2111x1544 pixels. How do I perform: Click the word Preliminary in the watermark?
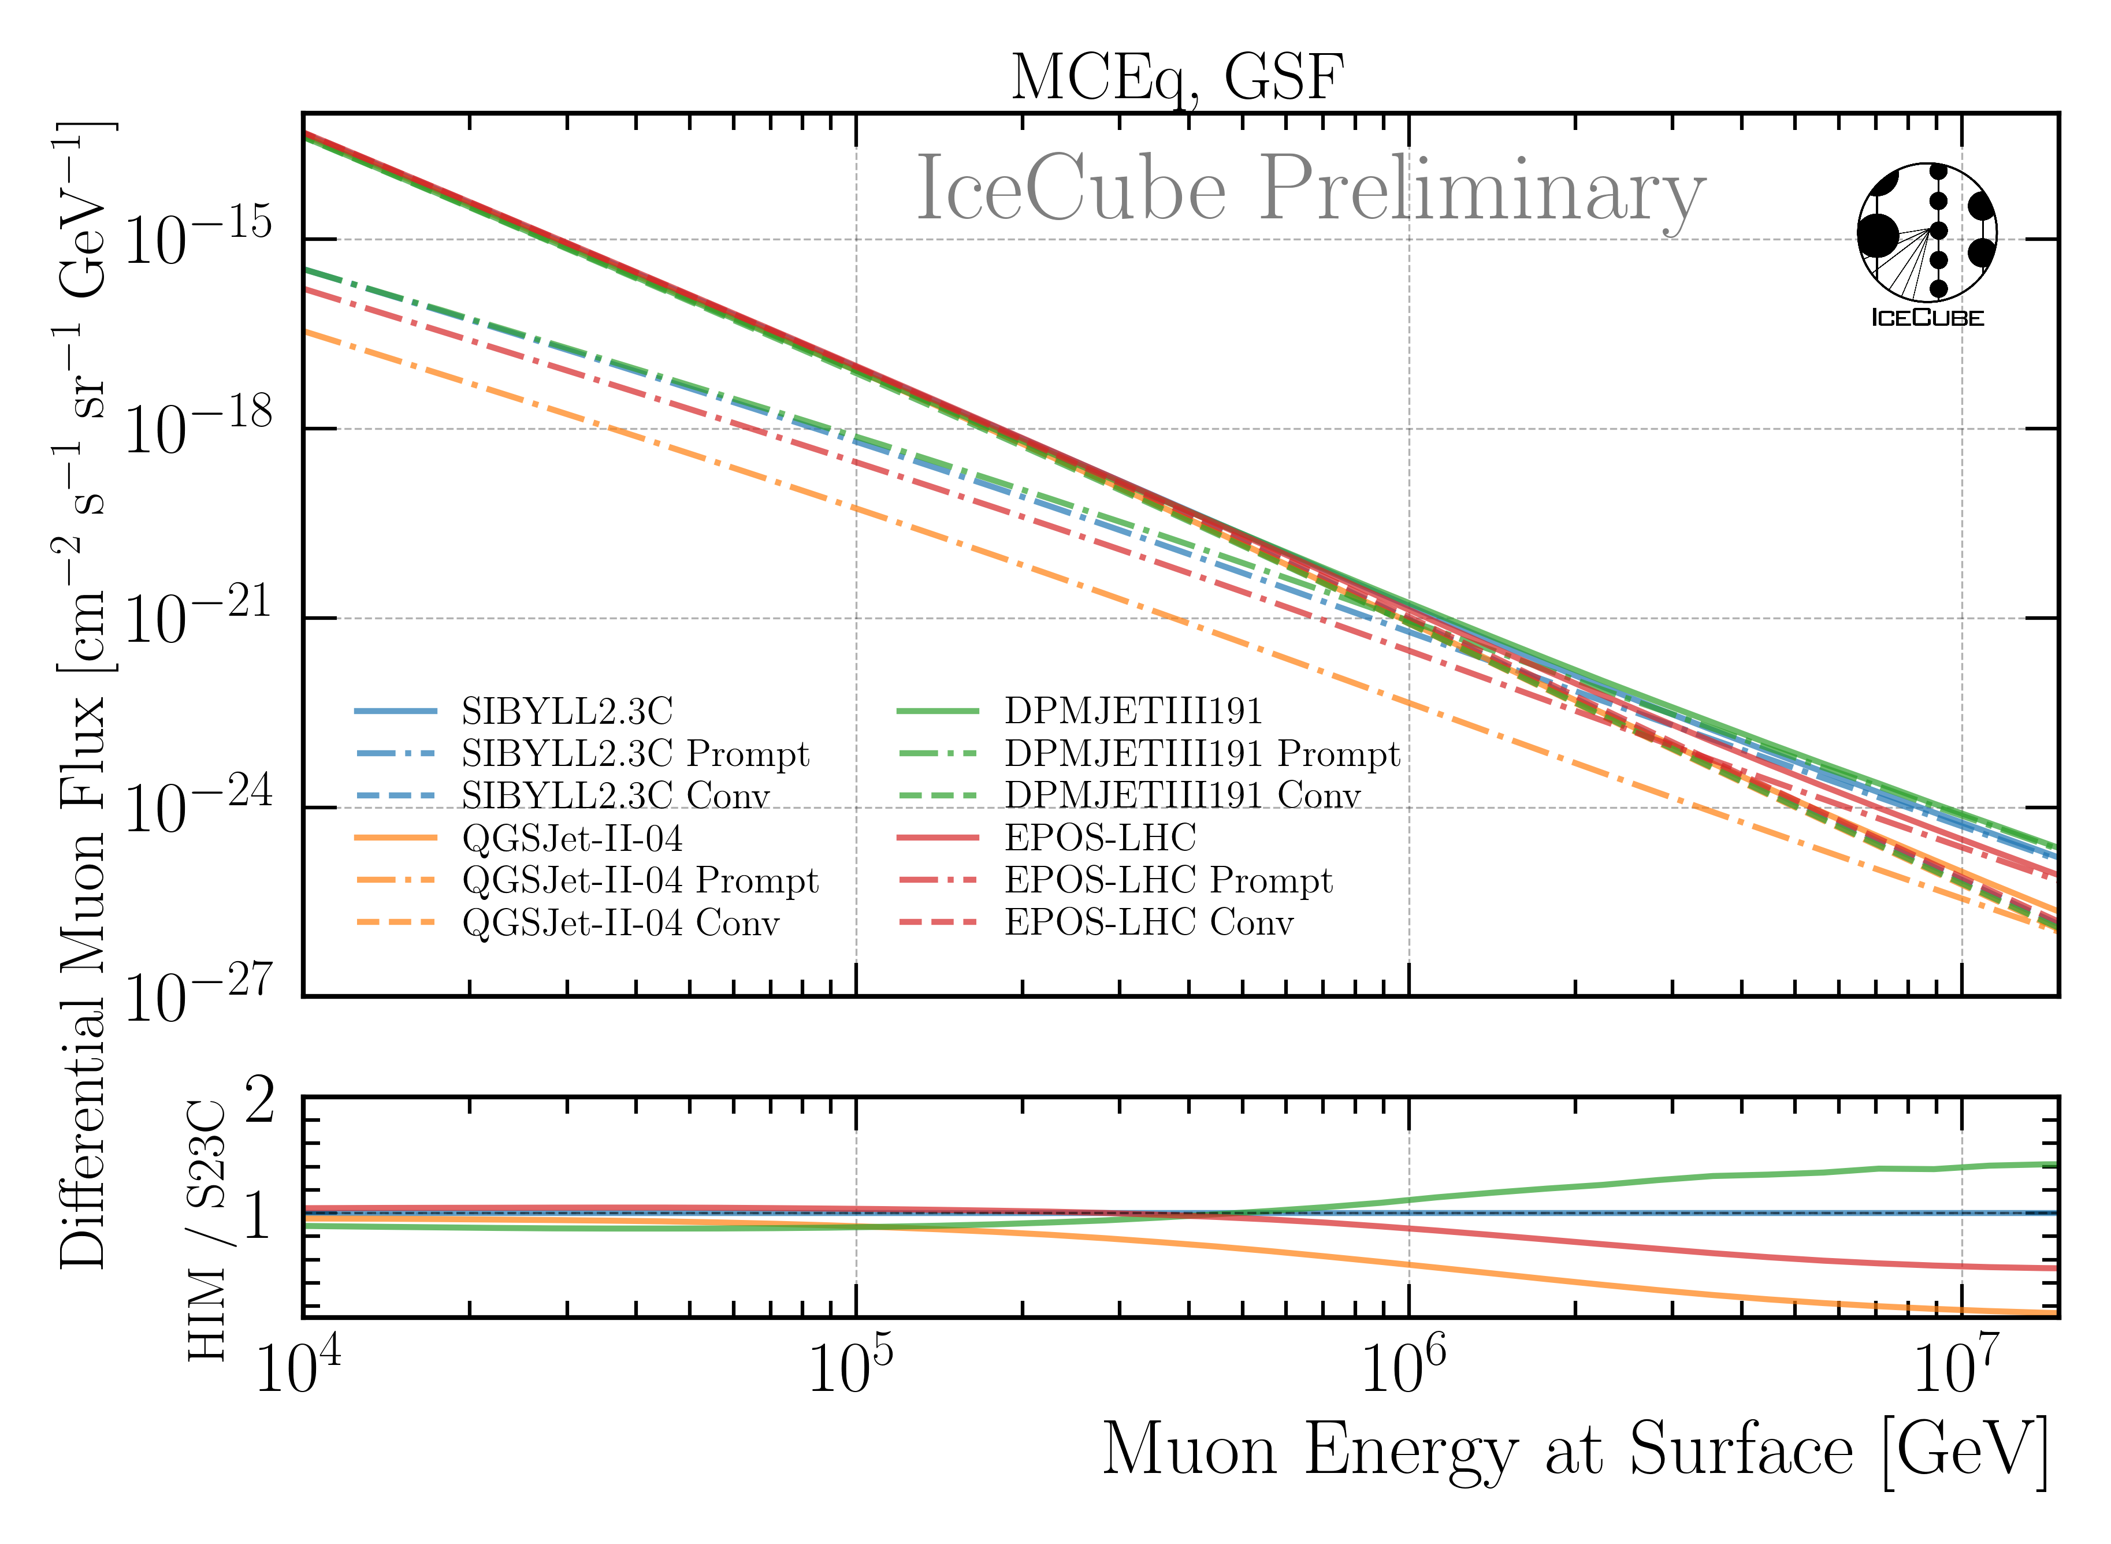(1483, 189)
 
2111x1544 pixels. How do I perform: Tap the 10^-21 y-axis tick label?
(197, 619)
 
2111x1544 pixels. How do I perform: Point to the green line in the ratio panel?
(1683, 1178)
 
